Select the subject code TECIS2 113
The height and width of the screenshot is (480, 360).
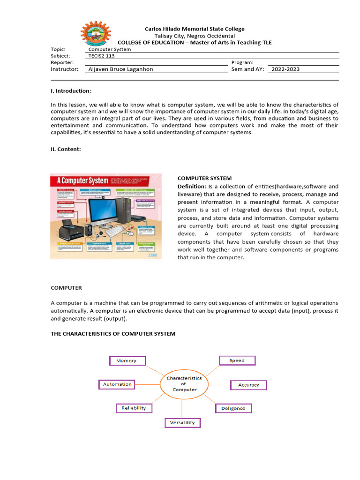pos(102,56)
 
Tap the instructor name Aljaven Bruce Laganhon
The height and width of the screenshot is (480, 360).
pos(121,69)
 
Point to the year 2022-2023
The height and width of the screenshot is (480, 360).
pos(285,69)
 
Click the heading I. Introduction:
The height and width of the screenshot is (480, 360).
pos(71,91)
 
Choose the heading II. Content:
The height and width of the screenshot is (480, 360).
pos(66,149)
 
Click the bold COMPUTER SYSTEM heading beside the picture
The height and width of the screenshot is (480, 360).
pos(204,178)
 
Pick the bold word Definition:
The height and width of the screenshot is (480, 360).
pos(192,187)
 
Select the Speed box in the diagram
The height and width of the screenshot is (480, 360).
pos(238,360)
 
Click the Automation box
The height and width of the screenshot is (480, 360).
pos(117,384)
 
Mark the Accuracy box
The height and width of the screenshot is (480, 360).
pos(248,385)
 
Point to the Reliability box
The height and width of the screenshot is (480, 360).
pos(134,408)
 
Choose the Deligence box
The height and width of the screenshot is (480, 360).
pos(233,408)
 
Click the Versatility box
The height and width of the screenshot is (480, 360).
pos(182,423)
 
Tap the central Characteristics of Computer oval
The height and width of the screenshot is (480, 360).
pos(184,383)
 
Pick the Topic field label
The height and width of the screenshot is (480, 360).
pos(58,49)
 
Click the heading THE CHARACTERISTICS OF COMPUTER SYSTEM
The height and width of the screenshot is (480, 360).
pos(113,334)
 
